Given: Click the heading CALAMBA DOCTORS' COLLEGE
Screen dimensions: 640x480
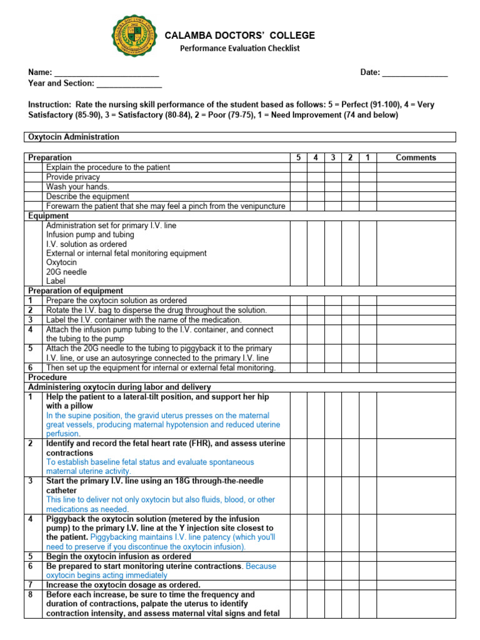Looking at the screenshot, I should point(239,36).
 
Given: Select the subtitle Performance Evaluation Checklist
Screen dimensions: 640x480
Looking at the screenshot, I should point(239,49).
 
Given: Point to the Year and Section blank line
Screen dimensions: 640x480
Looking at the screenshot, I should point(129,84).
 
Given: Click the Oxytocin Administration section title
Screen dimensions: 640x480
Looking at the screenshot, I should point(74,137).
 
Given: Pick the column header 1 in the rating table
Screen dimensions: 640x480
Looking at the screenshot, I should point(368,157).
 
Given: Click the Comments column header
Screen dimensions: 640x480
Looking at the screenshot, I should point(416,157).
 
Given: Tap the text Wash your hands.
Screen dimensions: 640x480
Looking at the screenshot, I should point(77,187).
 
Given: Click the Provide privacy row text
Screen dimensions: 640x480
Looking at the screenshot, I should point(72,177).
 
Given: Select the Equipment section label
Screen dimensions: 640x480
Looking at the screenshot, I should point(48,216).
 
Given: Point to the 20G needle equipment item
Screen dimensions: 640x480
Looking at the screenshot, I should point(66,272).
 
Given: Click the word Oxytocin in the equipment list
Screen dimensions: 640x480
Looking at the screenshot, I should point(61,262).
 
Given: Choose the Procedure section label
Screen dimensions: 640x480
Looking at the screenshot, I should point(47,377).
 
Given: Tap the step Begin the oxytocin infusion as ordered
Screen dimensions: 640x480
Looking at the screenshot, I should point(119,556).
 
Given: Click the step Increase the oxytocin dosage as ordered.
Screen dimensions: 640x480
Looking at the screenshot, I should point(123,585).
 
